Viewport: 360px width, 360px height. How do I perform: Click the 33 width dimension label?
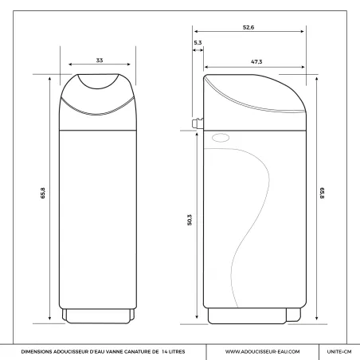click(100, 61)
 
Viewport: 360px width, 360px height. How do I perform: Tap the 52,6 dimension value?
click(248, 27)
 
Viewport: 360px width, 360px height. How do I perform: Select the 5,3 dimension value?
click(198, 43)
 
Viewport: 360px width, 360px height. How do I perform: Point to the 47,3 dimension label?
click(256, 62)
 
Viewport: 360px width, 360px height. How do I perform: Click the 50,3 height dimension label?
click(190, 220)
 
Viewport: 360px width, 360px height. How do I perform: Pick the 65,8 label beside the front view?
click(43, 194)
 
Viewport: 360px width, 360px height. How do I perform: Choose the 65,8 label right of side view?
click(322, 194)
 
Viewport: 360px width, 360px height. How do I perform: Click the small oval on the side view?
click(221, 138)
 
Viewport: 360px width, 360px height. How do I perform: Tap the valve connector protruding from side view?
click(198, 123)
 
